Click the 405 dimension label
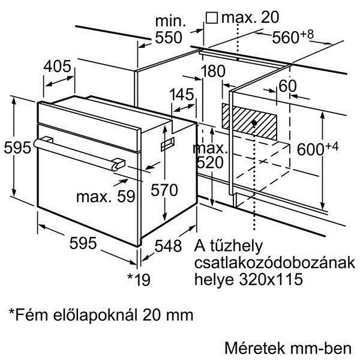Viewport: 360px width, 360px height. (58, 67)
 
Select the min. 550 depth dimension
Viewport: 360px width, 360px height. (169, 29)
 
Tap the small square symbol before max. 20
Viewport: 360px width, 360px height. (211, 17)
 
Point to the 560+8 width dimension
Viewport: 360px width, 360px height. (293, 36)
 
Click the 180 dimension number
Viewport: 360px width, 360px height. (213, 71)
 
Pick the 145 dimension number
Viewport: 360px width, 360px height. (182, 94)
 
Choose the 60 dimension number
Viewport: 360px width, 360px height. (287, 86)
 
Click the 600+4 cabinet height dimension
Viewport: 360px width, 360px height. (317, 149)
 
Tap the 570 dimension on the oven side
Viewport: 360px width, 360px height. (164, 190)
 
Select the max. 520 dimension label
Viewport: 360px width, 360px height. (210, 155)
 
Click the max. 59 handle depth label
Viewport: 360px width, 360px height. (106, 197)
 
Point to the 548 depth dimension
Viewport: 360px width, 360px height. (168, 246)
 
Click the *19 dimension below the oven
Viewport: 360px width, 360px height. (139, 279)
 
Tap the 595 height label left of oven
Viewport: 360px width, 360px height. (17, 148)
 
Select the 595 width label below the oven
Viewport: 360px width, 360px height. (83, 243)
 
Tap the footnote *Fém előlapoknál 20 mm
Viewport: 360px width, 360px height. (101, 315)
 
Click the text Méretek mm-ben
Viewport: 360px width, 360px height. (288, 348)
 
